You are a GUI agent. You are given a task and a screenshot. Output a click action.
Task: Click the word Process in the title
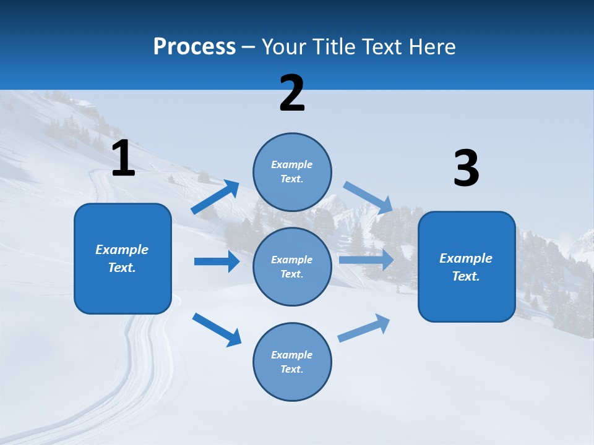pyautogui.click(x=194, y=47)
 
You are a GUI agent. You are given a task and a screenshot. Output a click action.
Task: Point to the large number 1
pyautogui.click(x=123, y=158)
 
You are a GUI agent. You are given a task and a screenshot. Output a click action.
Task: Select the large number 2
pyautogui.click(x=292, y=93)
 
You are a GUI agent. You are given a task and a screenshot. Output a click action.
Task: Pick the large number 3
pyautogui.click(x=466, y=169)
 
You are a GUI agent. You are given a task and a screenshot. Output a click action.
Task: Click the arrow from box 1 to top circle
pyautogui.click(x=215, y=197)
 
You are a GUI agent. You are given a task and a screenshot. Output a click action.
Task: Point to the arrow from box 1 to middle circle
pyautogui.click(x=217, y=261)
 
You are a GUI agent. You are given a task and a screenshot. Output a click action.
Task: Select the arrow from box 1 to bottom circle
pyautogui.click(x=217, y=329)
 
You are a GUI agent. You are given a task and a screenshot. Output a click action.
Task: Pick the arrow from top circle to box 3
pyautogui.click(x=368, y=197)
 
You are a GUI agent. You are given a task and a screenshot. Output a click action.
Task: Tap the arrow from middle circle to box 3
pyautogui.click(x=366, y=260)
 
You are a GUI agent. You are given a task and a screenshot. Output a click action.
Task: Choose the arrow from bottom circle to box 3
pyautogui.click(x=364, y=328)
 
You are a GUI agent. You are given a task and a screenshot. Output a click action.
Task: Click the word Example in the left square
pyautogui.click(x=122, y=250)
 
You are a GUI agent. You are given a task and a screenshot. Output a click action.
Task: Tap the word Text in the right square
pyautogui.click(x=465, y=276)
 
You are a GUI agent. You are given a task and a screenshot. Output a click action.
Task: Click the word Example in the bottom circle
pyautogui.click(x=291, y=355)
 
